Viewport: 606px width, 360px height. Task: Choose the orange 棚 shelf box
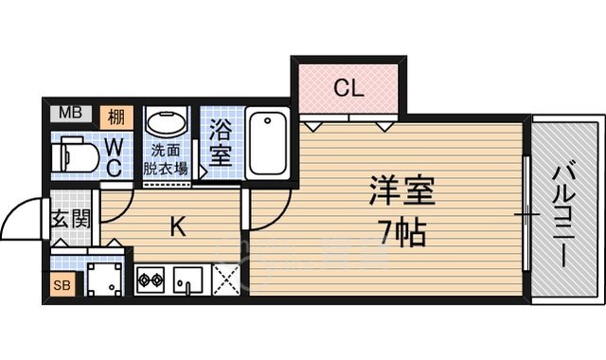(116, 116)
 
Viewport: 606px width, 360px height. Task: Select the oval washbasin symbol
(169, 125)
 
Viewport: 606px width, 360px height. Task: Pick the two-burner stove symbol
(151, 280)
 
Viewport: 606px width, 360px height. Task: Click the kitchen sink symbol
(189, 281)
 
